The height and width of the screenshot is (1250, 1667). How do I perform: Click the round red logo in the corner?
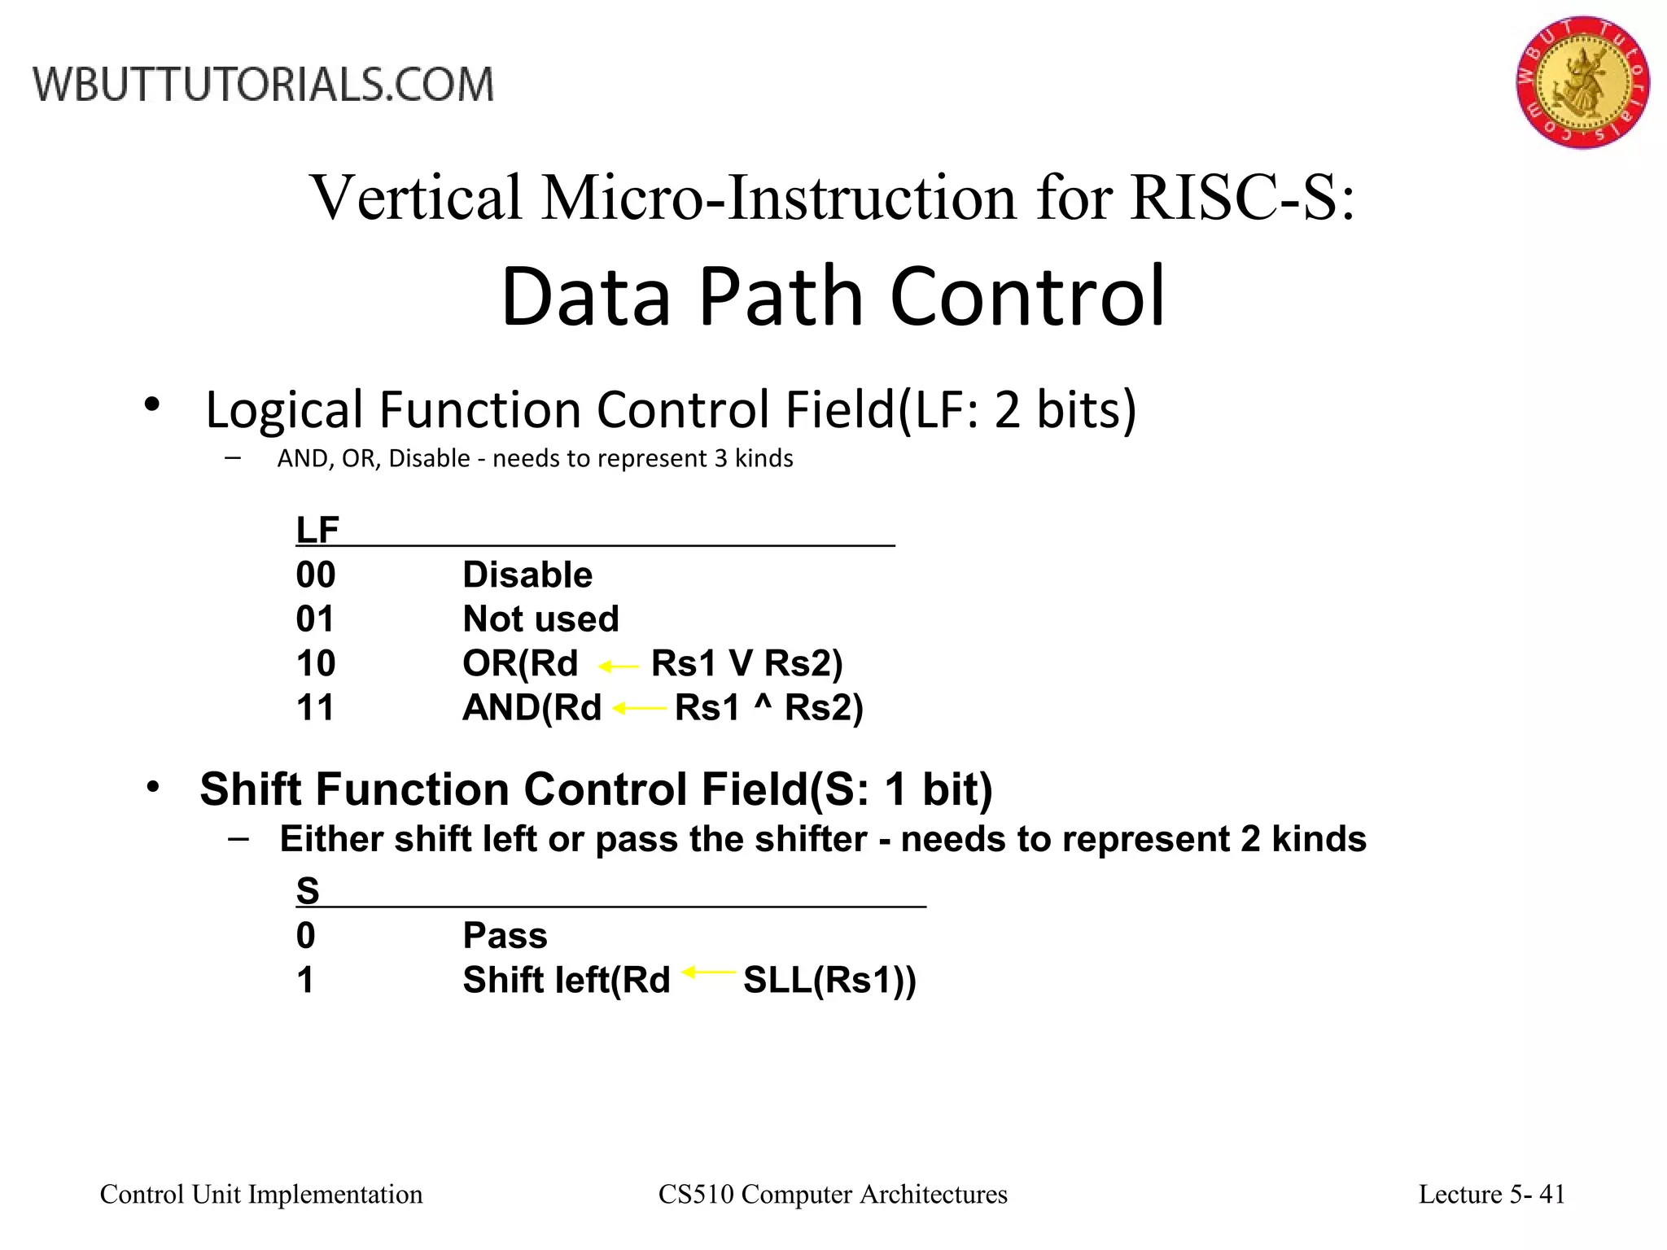click(1582, 81)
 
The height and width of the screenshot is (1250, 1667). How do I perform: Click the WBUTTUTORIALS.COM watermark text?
click(263, 85)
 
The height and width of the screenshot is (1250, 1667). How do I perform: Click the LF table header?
click(317, 531)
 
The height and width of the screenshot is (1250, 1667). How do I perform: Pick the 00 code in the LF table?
click(316, 575)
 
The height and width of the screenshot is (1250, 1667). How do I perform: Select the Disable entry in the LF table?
click(527, 575)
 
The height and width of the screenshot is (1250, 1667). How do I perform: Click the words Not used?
click(540, 619)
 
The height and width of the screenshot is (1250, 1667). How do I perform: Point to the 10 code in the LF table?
click(316, 664)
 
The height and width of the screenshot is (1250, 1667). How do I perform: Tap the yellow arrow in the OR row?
click(619, 667)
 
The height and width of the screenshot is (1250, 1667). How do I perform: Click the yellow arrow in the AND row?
click(639, 709)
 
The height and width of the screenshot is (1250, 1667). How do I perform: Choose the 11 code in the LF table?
click(316, 708)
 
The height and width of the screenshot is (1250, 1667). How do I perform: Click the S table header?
click(308, 891)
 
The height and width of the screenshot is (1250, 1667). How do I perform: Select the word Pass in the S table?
click(505, 936)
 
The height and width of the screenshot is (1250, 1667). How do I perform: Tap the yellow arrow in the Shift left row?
click(708, 972)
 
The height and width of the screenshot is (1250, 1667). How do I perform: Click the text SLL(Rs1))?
click(829, 981)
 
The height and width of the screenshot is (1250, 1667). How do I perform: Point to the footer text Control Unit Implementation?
click(261, 1195)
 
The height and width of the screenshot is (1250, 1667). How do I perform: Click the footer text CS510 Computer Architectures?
click(833, 1195)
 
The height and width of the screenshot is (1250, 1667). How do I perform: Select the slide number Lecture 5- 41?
click(1492, 1195)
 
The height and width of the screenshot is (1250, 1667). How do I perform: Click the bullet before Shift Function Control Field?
click(153, 788)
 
